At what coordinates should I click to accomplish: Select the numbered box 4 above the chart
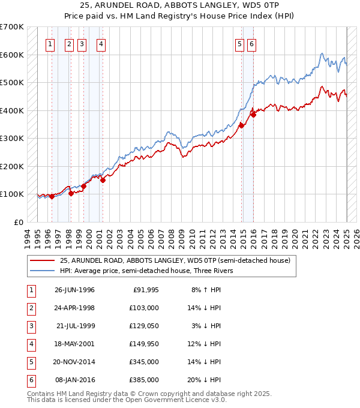click(101, 43)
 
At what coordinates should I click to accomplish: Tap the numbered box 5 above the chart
click(239, 43)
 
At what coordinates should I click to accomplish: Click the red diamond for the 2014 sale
click(241, 125)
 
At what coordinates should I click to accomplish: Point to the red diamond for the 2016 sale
click(253, 115)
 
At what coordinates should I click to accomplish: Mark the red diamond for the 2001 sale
click(103, 179)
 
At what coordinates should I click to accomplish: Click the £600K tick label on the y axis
click(12, 55)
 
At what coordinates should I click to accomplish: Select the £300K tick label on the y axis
click(12, 138)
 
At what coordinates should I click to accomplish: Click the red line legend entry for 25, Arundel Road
click(175, 260)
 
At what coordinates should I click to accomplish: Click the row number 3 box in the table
click(30, 326)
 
